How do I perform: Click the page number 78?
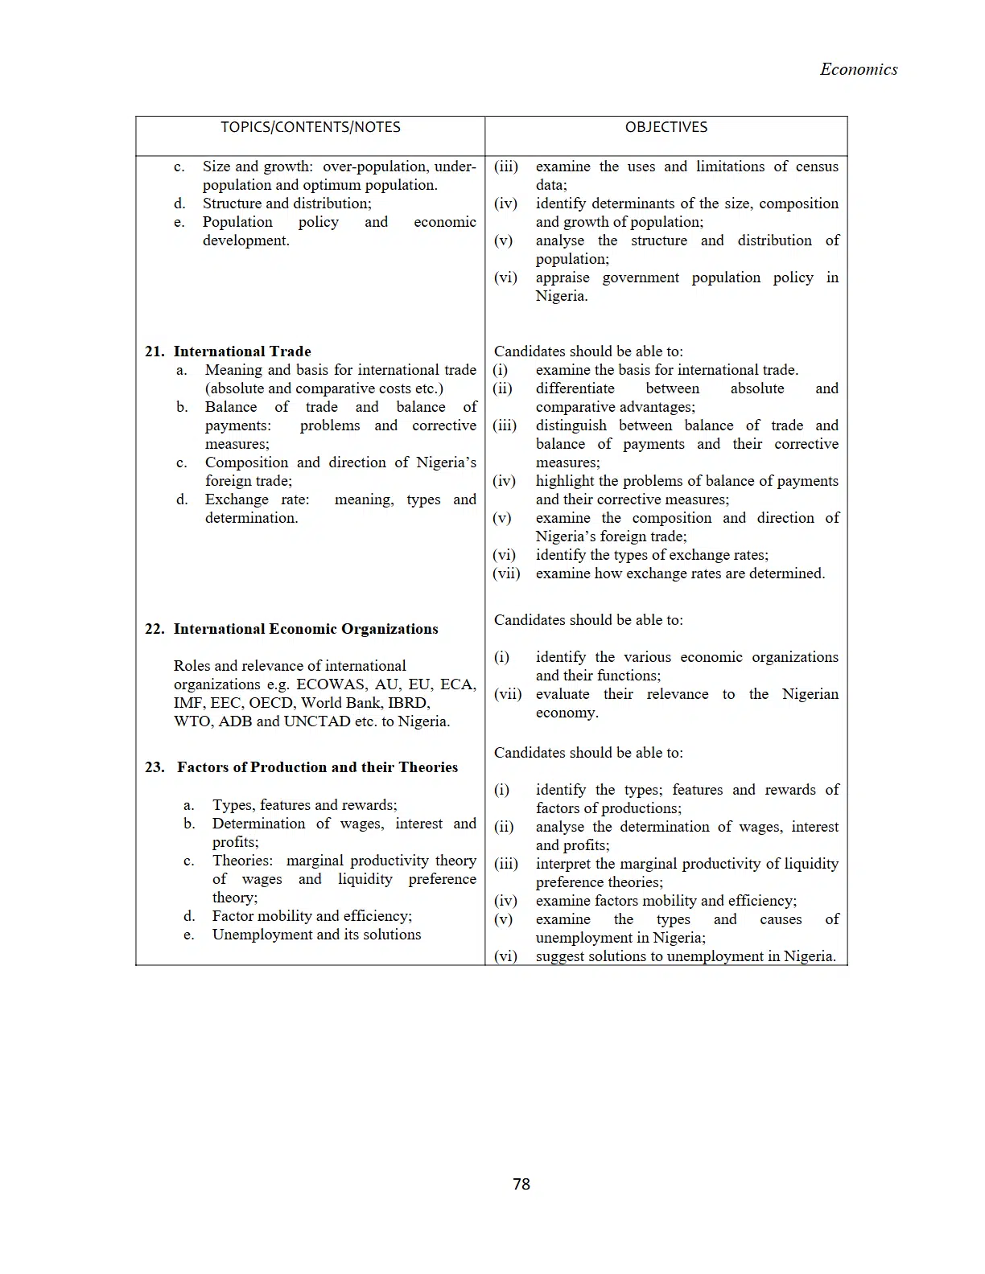coord(521,1184)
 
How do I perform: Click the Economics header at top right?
coord(858,69)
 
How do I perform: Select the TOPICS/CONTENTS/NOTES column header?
coord(310,127)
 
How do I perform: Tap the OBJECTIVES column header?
coord(666,127)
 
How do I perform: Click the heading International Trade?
coord(241,351)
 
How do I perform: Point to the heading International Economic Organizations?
coord(306,629)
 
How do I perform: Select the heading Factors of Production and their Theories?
coord(317,767)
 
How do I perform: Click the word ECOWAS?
coord(332,684)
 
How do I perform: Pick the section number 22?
coord(155,629)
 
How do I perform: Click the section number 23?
coord(155,767)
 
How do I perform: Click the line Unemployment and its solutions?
coord(316,935)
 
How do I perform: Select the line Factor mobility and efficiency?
coord(311,916)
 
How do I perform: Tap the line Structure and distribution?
coord(286,203)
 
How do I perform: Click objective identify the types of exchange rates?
coord(652,555)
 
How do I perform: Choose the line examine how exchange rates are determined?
coord(680,573)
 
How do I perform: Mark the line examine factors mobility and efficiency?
coord(666,901)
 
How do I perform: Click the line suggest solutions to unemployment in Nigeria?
coord(686,956)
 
